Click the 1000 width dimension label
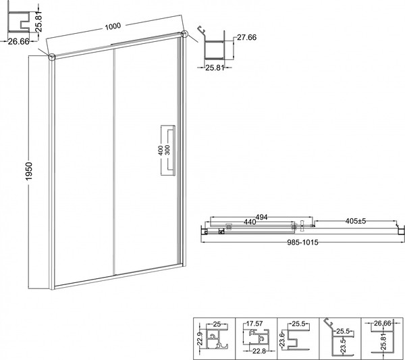pyautogui.click(x=112, y=26)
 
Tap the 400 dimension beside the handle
pyautogui.click(x=160, y=152)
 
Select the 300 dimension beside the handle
pyautogui.click(x=160, y=168)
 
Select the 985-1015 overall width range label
pyautogui.click(x=301, y=243)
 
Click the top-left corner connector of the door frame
pyautogui.click(x=51, y=56)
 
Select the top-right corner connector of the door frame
pyautogui.click(x=184, y=35)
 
